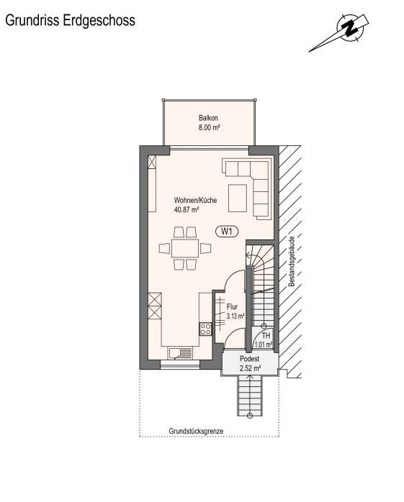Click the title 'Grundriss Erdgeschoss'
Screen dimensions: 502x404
[x=70, y=21]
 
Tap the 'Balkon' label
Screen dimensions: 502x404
[x=209, y=118]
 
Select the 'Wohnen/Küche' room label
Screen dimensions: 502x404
[x=195, y=201]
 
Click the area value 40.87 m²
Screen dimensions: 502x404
[x=187, y=210]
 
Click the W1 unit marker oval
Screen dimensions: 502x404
[x=227, y=231]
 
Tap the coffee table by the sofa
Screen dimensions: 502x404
[x=238, y=198]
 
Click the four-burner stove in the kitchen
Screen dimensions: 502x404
[x=205, y=329]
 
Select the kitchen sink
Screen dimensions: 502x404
[x=179, y=353]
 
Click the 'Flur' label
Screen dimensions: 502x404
[x=232, y=307]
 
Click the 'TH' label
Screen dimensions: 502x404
[x=266, y=336]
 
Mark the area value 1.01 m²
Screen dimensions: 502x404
[x=264, y=344]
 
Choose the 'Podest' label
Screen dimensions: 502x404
[x=249, y=358]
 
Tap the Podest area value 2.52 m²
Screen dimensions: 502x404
[x=249, y=368]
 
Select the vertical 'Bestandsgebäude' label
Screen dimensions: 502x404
[x=292, y=262]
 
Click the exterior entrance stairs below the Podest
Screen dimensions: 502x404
[x=249, y=396]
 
